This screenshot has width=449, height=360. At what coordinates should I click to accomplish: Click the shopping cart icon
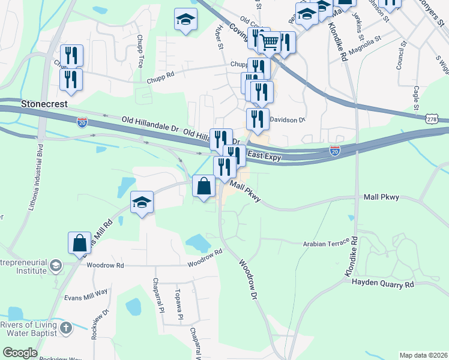point(270,42)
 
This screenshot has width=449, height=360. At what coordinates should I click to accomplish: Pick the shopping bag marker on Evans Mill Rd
point(79,243)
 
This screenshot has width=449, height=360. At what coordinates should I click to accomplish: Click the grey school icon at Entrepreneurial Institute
point(55,265)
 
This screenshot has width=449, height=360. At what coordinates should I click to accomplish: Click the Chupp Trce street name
point(139,43)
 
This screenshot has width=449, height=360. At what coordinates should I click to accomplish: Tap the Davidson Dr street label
point(288,120)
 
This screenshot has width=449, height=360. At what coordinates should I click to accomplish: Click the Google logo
point(20,353)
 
